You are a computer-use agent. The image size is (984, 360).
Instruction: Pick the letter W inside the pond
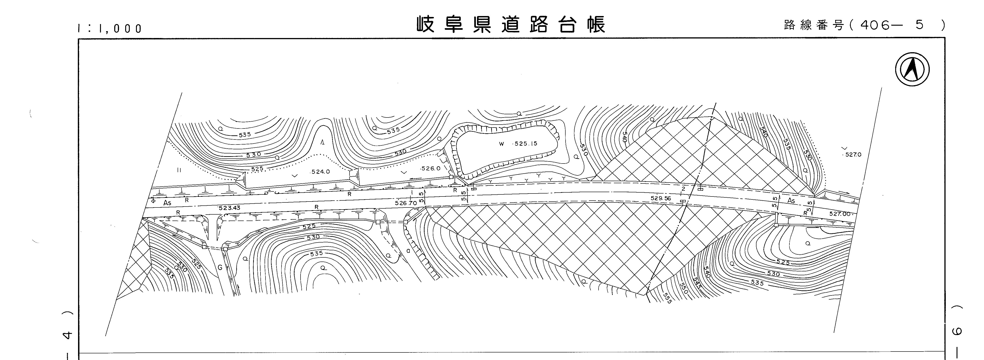pyautogui.click(x=501, y=144)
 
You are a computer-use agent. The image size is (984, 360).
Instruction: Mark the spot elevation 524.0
pyautogui.click(x=320, y=172)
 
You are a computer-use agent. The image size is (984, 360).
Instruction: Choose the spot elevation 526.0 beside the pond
pyautogui.click(x=431, y=168)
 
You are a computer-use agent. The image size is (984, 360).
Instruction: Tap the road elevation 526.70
pyautogui.click(x=406, y=203)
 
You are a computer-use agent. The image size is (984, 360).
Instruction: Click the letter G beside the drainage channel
pyautogui.click(x=220, y=268)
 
